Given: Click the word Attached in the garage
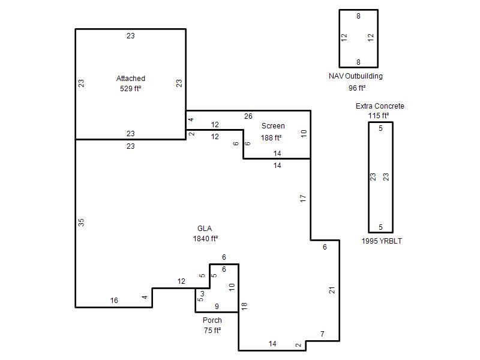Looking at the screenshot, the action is (131, 79).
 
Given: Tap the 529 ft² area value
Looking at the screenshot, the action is (130, 88).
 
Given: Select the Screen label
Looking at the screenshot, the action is (273, 126).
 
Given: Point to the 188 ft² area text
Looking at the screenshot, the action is (271, 138).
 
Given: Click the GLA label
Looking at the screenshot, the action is (205, 229).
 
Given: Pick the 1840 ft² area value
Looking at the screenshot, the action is (205, 238).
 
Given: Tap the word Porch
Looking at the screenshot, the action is (212, 320).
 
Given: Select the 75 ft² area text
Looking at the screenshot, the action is (212, 331).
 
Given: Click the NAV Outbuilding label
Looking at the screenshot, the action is (356, 76).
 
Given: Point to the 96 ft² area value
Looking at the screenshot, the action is (357, 88).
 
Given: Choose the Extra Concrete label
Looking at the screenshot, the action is (380, 106).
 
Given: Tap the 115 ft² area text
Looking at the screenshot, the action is (379, 115).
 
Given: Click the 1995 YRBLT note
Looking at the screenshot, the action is (382, 241).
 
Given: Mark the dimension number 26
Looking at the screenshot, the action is (248, 116).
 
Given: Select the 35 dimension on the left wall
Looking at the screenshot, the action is (81, 222).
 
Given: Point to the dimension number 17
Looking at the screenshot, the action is (303, 199).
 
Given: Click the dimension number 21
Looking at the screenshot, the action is (332, 290).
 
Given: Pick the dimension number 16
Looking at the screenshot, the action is (114, 301).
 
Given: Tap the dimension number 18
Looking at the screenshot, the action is (244, 306).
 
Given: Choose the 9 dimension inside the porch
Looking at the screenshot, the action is (217, 306).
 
